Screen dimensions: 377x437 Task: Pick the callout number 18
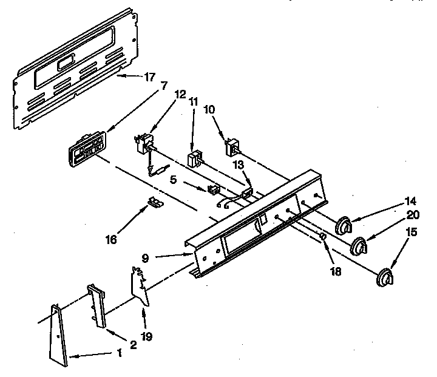[334, 271]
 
